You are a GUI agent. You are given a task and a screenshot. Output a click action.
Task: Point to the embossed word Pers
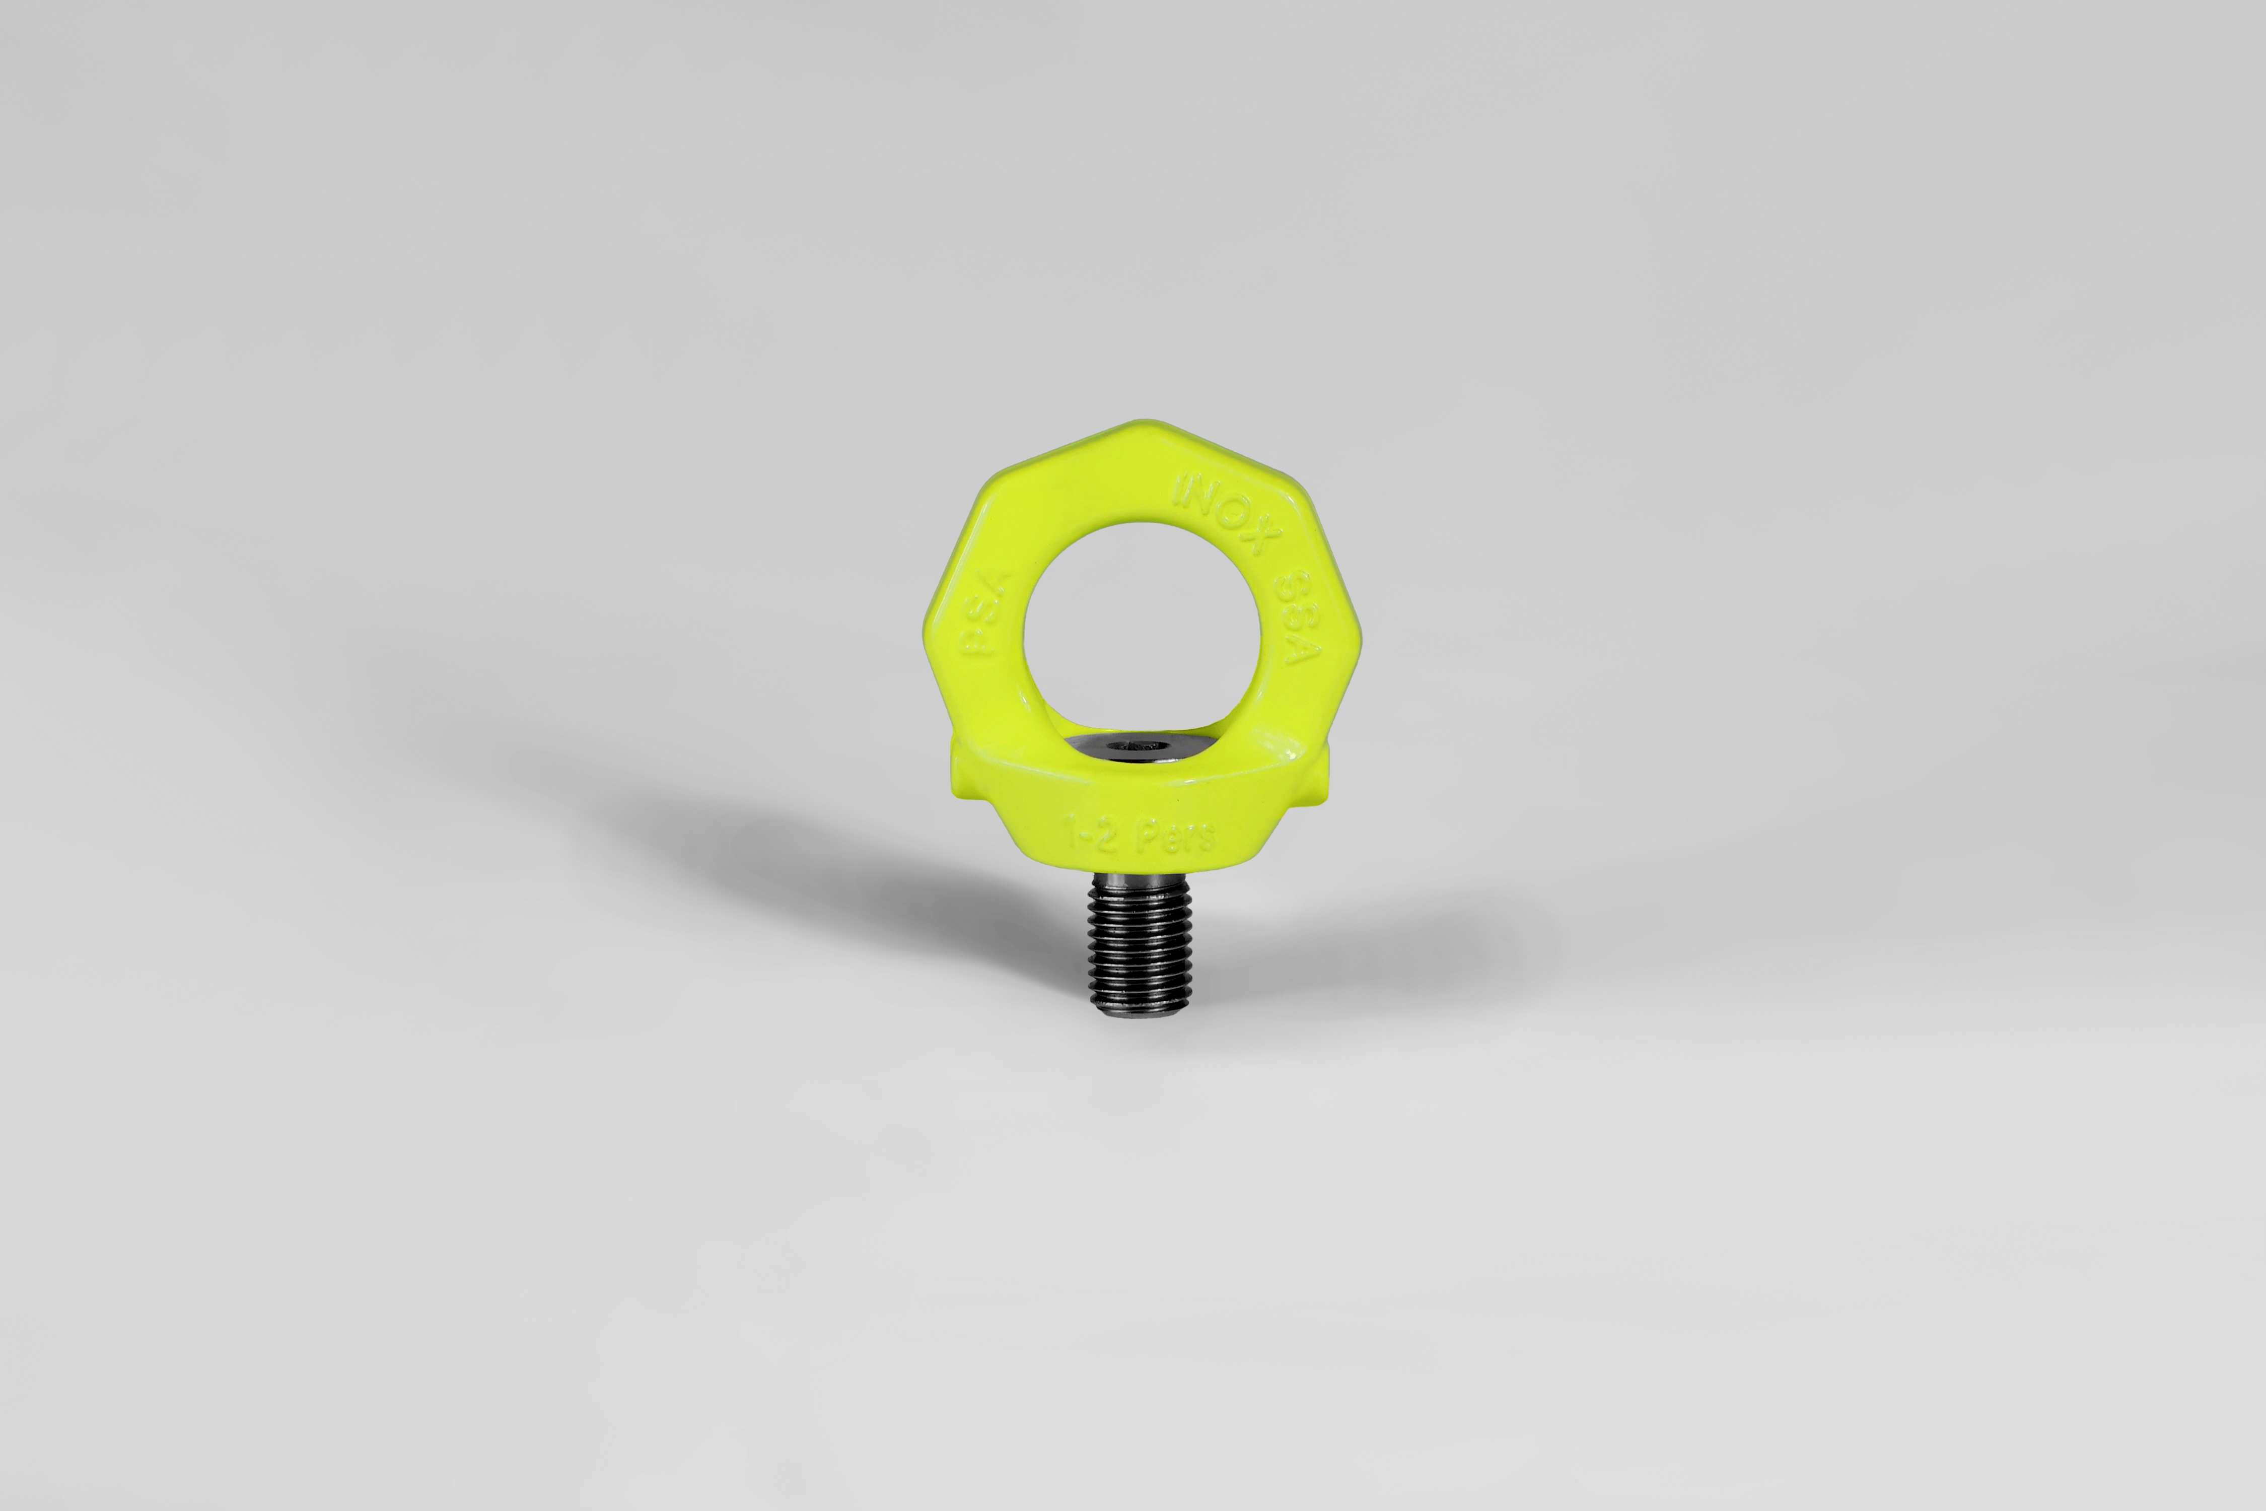[1175, 837]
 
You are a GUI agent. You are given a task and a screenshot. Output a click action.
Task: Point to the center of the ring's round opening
[1142, 631]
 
